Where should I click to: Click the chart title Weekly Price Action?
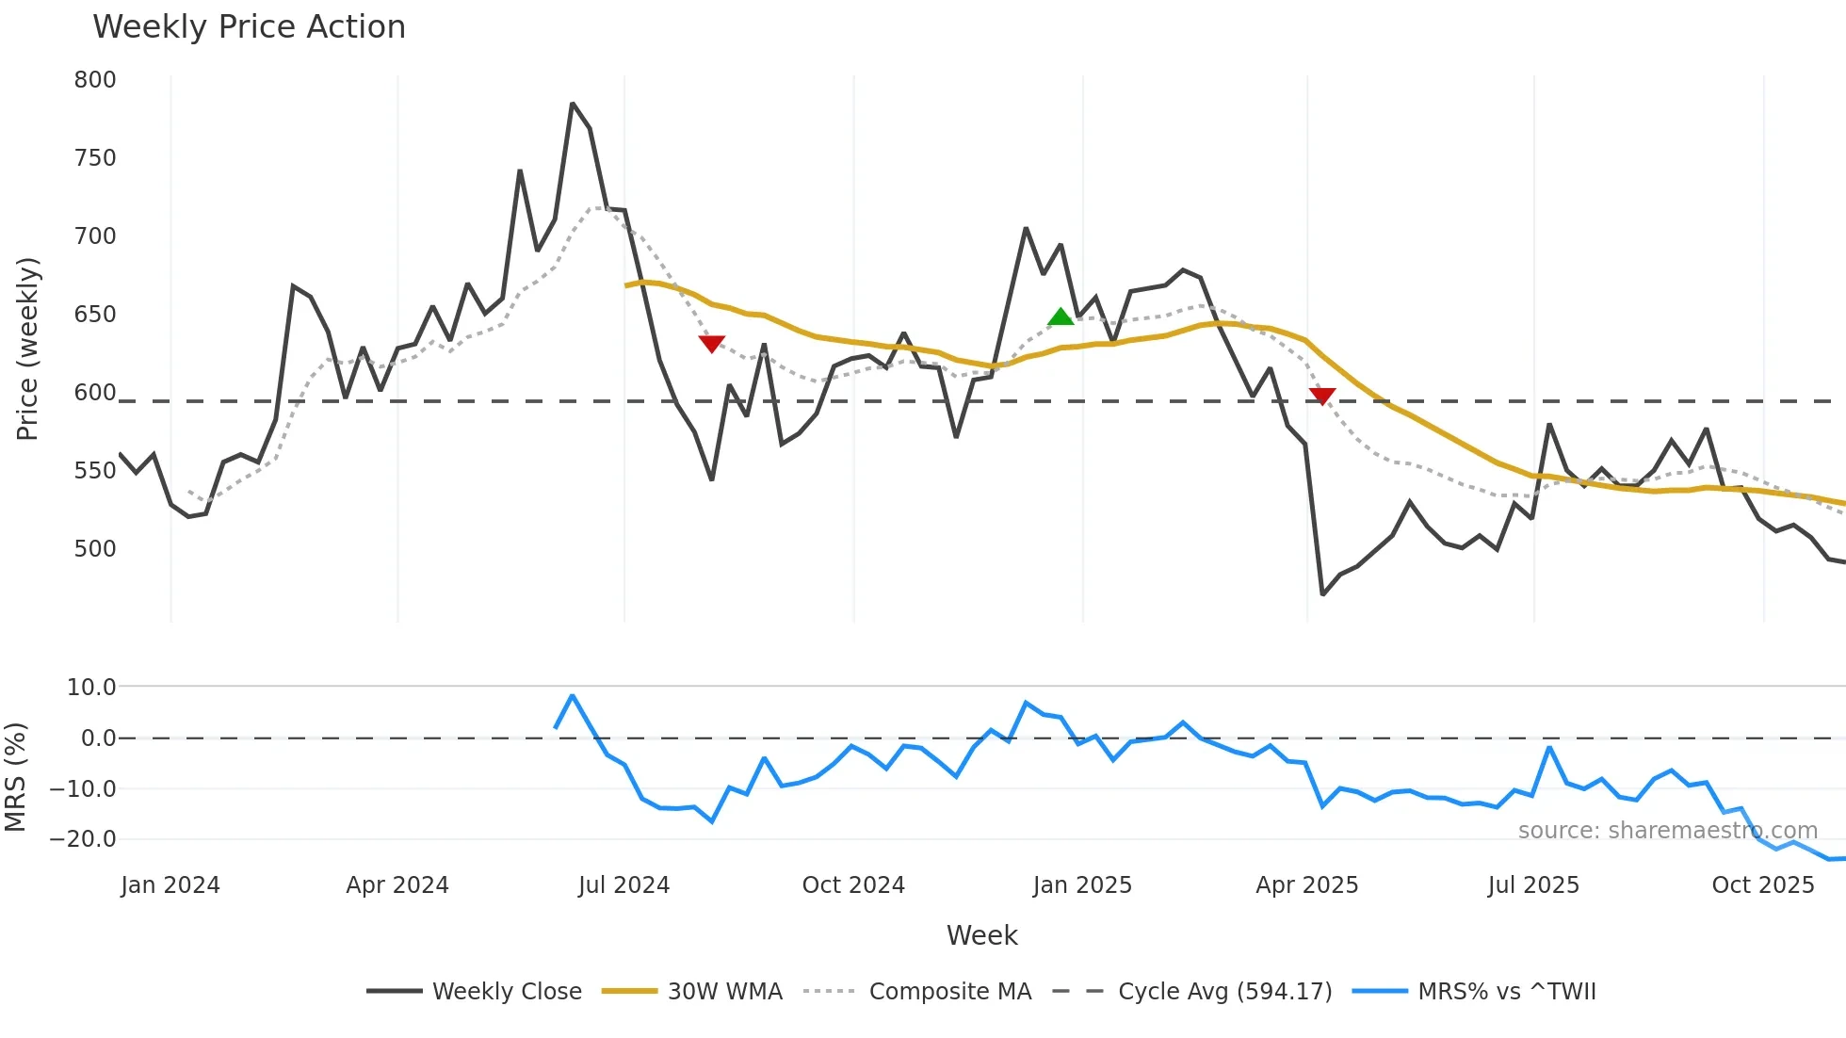249,27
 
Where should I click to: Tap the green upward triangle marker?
1061,317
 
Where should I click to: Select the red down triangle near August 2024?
712,344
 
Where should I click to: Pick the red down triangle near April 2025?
1322,396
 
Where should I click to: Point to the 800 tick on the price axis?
95,80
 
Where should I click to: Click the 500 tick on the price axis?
95,549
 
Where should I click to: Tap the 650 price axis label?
95,315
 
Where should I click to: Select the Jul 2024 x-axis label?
623,885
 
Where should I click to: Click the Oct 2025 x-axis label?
1762,885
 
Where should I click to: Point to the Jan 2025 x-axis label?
1082,885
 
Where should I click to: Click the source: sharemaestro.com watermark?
1667,831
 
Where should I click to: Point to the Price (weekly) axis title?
27,349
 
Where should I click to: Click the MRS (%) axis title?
15,777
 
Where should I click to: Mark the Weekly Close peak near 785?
573,104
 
